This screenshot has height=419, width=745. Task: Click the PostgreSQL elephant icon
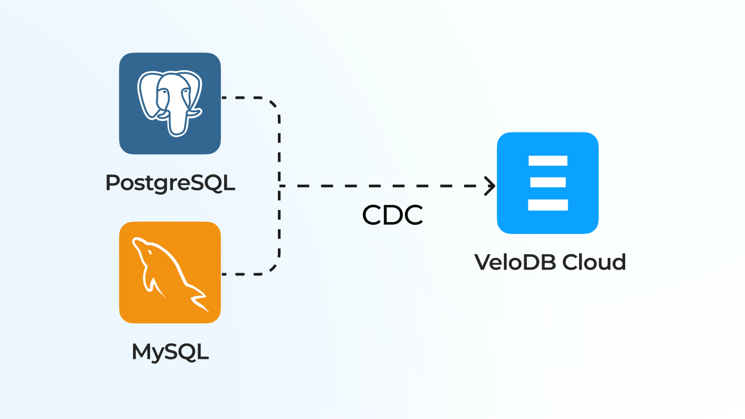(170, 104)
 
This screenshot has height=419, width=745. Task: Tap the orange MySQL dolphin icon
(170, 272)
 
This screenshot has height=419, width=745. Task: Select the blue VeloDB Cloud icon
(548, 182)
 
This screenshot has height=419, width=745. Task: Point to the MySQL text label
(170, 352)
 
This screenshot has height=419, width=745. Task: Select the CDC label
(393, 215)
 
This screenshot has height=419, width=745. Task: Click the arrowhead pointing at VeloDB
(491, 186)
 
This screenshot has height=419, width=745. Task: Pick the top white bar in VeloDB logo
(548, 161)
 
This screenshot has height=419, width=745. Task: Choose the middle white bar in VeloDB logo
(548, 182)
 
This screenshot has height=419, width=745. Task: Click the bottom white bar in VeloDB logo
(548, 205)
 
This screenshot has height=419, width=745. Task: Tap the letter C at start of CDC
(372, 215)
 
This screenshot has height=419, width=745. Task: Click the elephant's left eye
(164, 92)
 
